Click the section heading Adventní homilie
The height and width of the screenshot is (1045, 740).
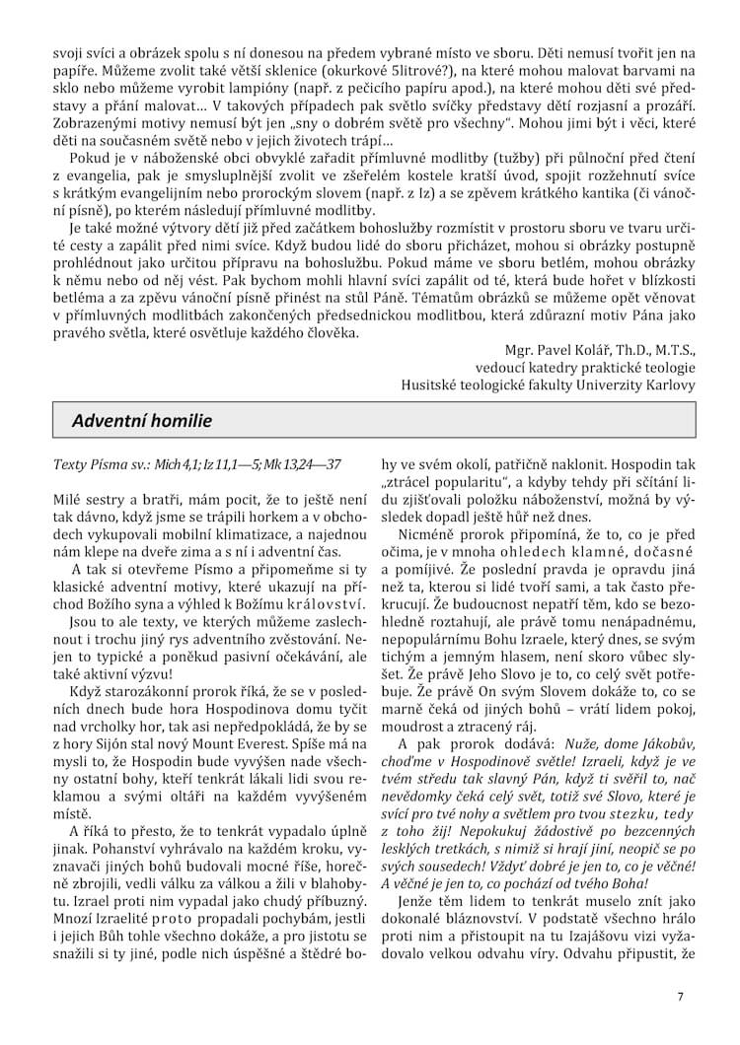tap(141, 421)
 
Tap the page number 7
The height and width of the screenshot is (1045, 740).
tap(680, 996)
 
